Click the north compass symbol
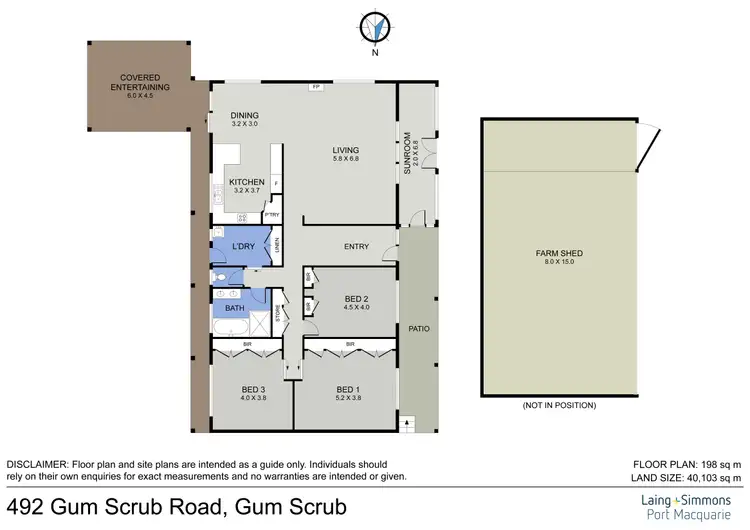pyautogui.click(x=375, y=30)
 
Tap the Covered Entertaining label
pyautogui.click(x=141, y=82)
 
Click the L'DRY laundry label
pyautogui.click(x=241, y=246)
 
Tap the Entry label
pyautogui.click(x=356, y=247)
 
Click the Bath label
pyautogui.click(x=234, y=308)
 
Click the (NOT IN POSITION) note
pyautogui.click(x=559, y=405)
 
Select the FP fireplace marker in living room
pyautogui.click(x=316, y=87)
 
